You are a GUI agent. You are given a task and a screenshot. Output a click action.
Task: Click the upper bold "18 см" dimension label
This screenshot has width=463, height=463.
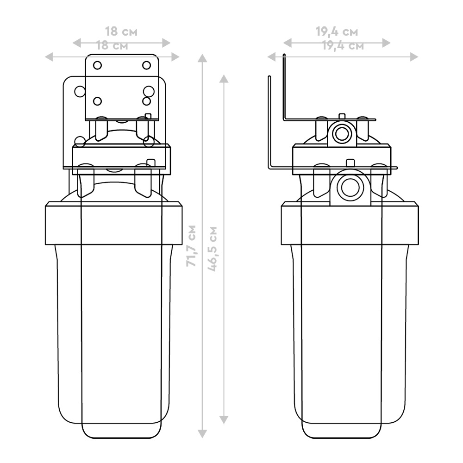tap(121, 31)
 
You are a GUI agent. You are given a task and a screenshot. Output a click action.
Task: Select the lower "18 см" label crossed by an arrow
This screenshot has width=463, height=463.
tap(113, 46)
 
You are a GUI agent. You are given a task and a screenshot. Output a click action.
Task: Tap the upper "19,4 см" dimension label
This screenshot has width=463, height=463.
tap(337, 31)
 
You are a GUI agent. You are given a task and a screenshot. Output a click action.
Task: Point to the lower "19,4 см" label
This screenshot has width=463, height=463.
tap(343, 46)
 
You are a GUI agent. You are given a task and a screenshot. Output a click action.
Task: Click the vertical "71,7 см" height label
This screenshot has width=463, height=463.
tap(191, 246)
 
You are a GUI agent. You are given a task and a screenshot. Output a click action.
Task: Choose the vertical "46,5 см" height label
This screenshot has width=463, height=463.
tap(213, 249)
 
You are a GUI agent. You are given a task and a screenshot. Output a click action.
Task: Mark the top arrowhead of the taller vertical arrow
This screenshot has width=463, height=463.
tap(202, 58)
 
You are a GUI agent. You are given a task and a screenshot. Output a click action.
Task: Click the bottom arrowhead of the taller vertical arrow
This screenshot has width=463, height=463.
tap(202, 434)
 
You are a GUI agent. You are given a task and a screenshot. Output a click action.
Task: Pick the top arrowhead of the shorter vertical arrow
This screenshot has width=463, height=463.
tap(224, 79)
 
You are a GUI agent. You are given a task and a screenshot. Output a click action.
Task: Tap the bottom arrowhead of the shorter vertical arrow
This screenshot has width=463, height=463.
tap(224, 419)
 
